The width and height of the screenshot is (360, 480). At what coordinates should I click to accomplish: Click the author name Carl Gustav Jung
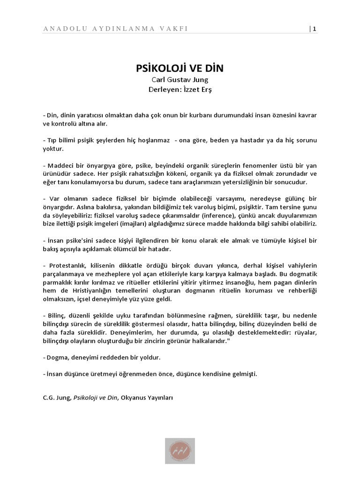pos(180,80)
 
